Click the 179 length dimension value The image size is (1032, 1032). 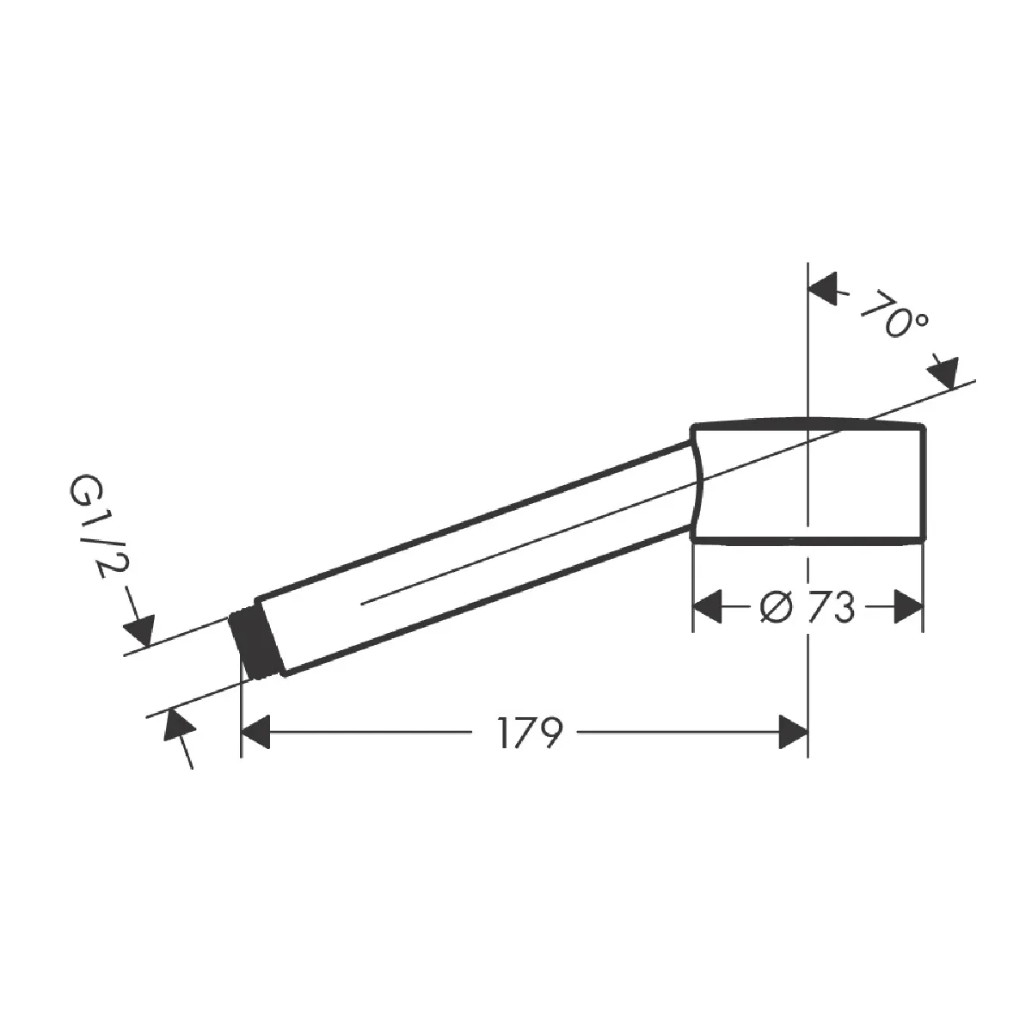pos(531,732)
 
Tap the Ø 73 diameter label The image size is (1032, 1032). pos(807,607)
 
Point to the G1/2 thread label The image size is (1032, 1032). pos(100,525)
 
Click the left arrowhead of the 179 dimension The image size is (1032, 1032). pos(255,732)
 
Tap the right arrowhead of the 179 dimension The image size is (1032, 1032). pos(793,732)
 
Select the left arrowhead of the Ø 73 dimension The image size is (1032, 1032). pos(707,607)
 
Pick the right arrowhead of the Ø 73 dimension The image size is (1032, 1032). pos(909,607)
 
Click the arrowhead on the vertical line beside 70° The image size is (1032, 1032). pos(823,289)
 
